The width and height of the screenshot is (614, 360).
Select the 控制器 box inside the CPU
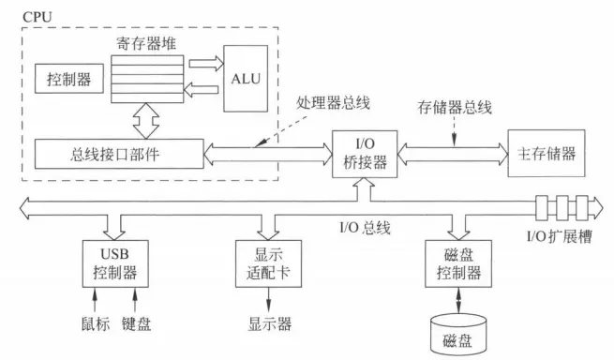(x=69, y=80)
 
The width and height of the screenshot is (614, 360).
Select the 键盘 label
(x=138, y=324)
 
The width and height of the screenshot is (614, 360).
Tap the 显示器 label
(x=270, y=324)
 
